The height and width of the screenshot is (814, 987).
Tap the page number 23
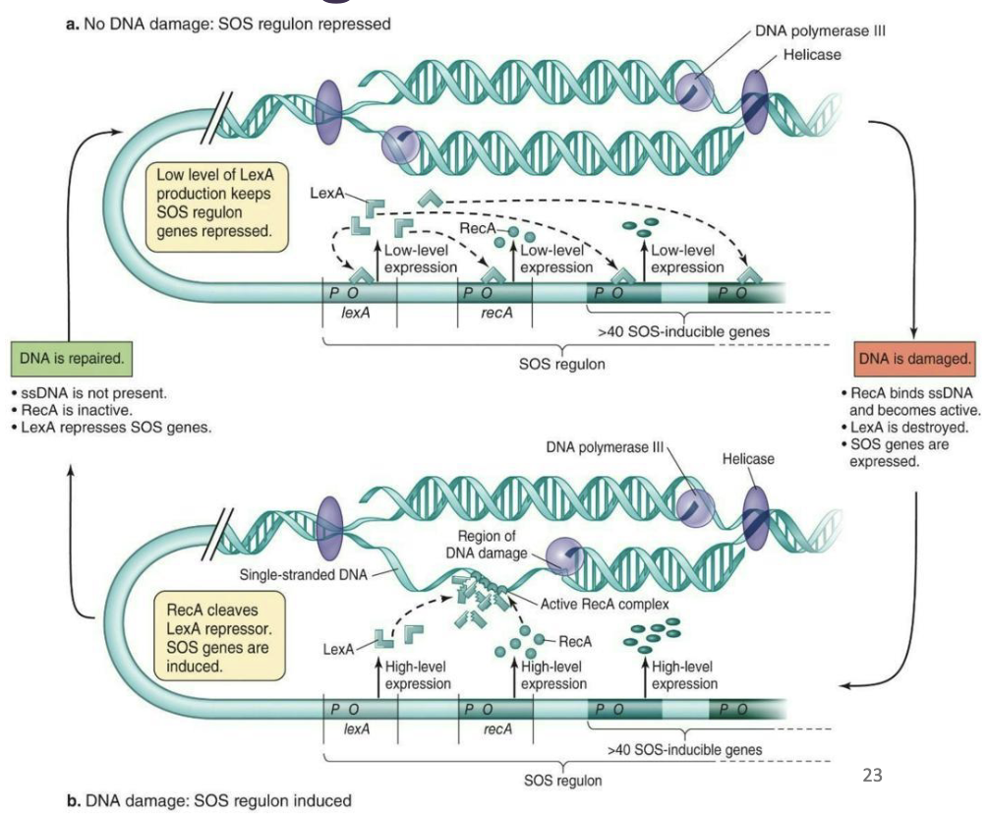(872, 775)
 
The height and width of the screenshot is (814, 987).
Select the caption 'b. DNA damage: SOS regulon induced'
(208, 800)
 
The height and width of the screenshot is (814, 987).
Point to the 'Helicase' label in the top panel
(811, 54)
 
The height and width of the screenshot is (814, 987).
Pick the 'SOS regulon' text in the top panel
(561, 363)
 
